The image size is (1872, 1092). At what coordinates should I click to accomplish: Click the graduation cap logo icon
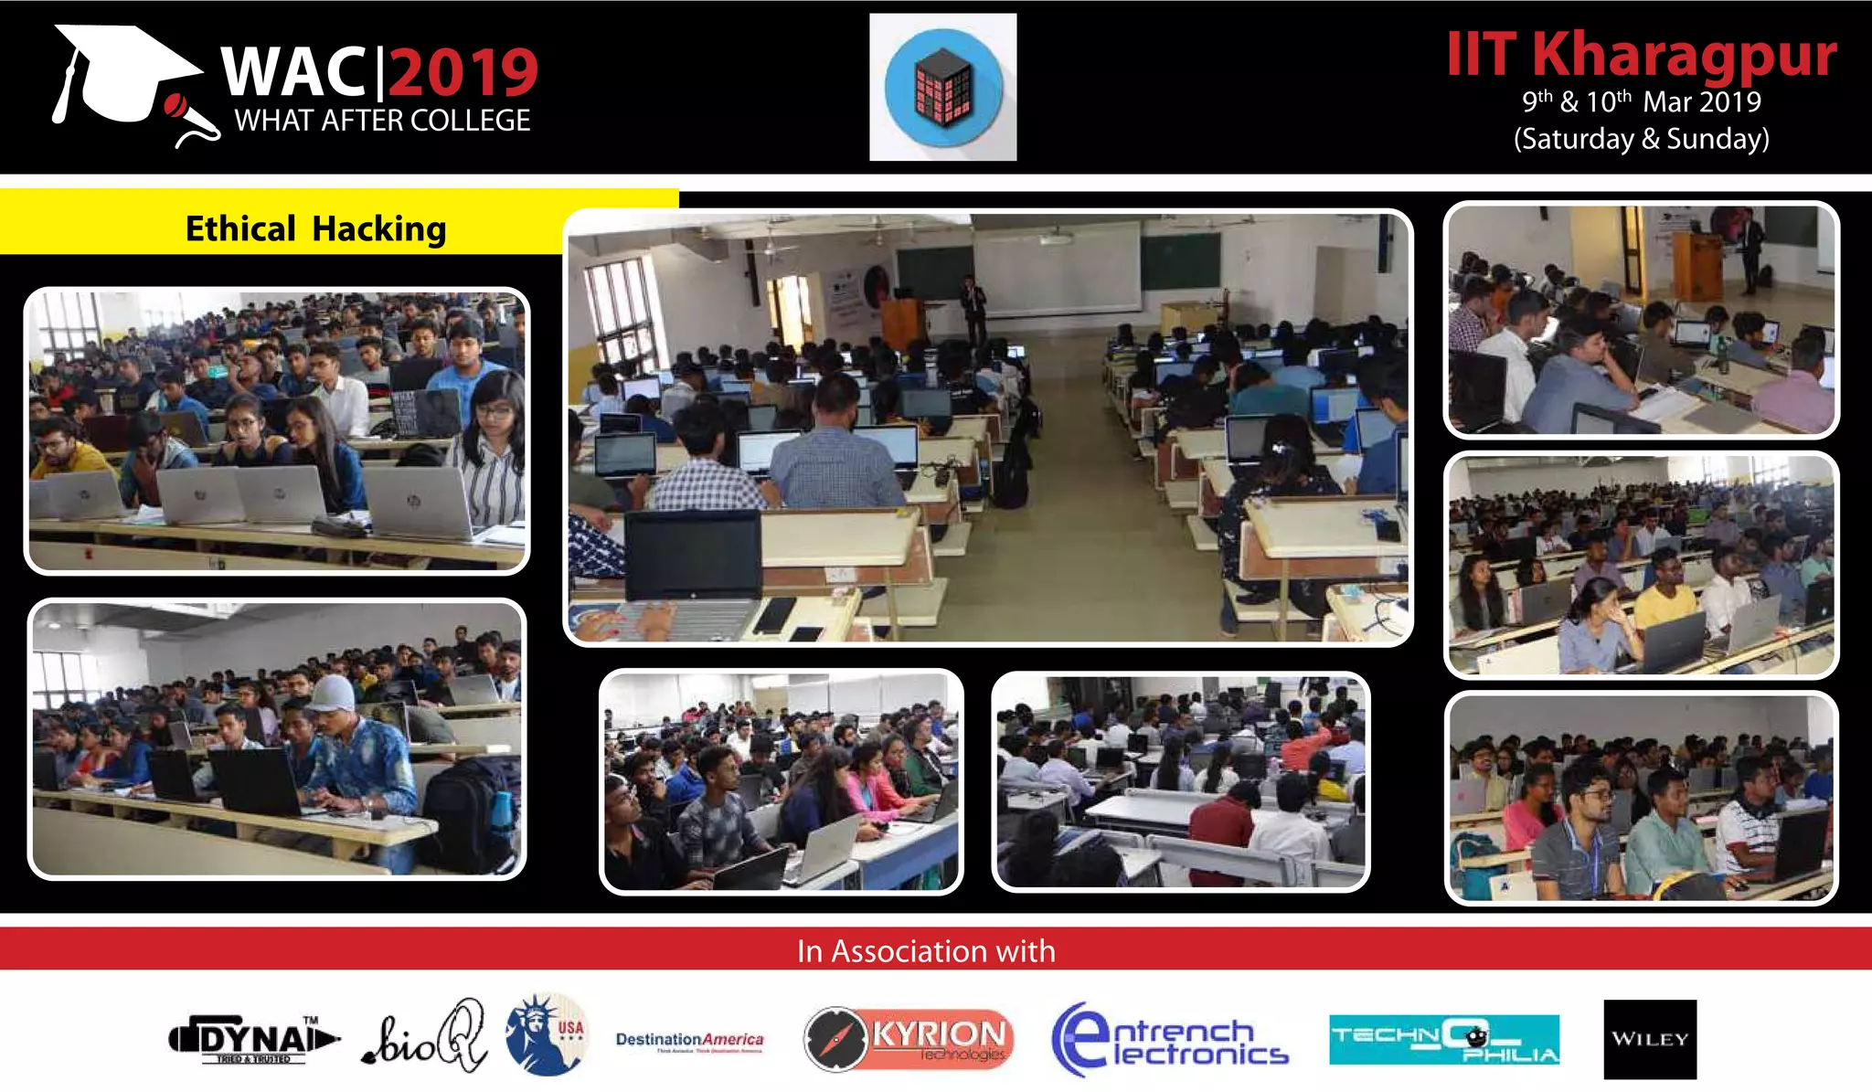(x=128, y=78)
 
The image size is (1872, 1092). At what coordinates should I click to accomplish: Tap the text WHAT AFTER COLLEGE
(x=382, y=121)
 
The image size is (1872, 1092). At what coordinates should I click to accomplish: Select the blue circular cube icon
(x=942, y=88)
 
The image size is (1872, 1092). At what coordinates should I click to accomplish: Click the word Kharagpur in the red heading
(x=1684, y=55)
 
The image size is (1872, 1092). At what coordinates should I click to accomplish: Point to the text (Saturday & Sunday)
(x=1641, y=139)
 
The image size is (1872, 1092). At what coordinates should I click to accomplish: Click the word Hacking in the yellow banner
(x=379, y=228)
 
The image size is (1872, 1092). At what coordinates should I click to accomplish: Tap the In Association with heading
(x=926, y=951)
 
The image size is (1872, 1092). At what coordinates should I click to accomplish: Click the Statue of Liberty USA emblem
(x=547, y=1035)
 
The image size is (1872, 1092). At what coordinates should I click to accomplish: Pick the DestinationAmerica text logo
(x=689, y=1040)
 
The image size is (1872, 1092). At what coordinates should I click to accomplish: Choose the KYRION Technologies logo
(x=909, y=1038)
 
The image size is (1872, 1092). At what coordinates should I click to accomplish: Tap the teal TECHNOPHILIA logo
(x=1443, y=1040)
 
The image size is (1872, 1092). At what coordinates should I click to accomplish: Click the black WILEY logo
(x=1649, y=1039)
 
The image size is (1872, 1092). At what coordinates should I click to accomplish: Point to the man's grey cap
(x=333, y=694)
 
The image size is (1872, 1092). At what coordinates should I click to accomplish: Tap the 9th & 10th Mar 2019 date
(x=1641, y=101)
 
